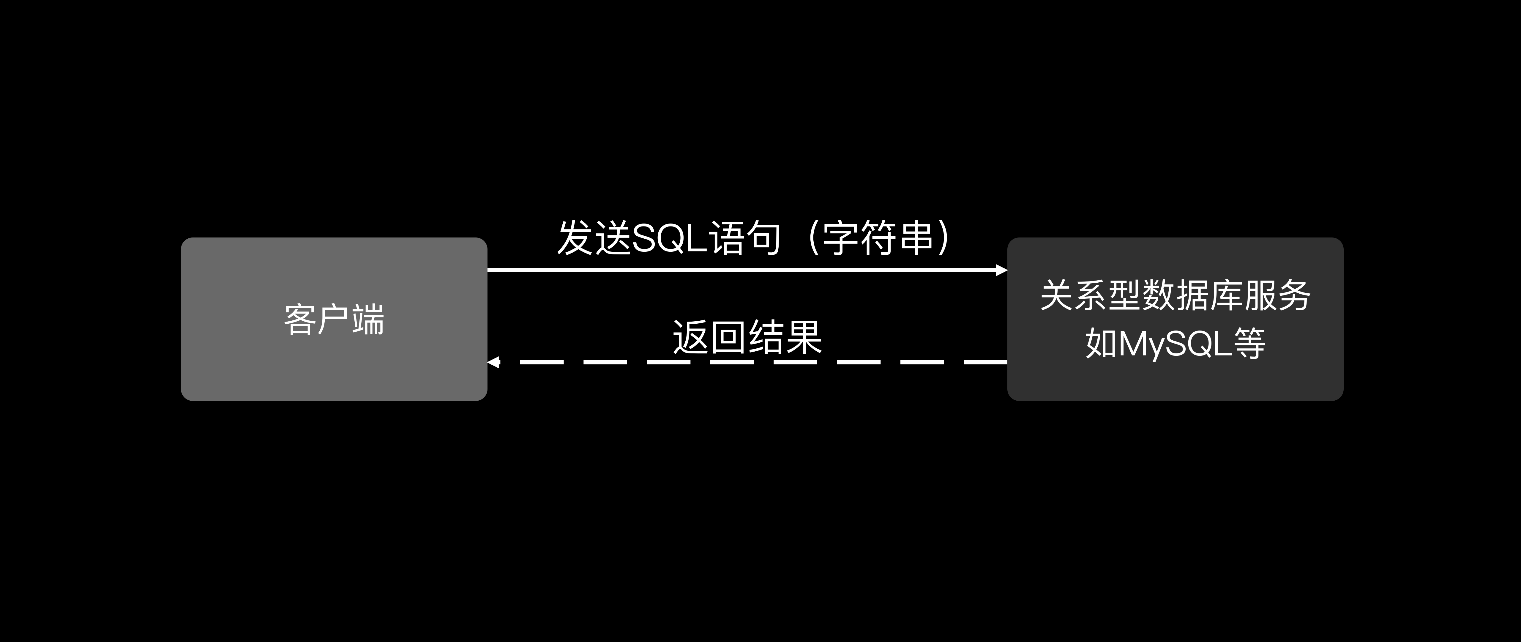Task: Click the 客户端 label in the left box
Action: [x=334, y=320]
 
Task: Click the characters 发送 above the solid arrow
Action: [x=594, y=238]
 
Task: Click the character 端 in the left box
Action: [x=368, y=320]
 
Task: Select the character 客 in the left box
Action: [x=300, y=320]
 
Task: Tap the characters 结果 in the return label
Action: [x=785, y=337]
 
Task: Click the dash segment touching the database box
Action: [x=985, y=362]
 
